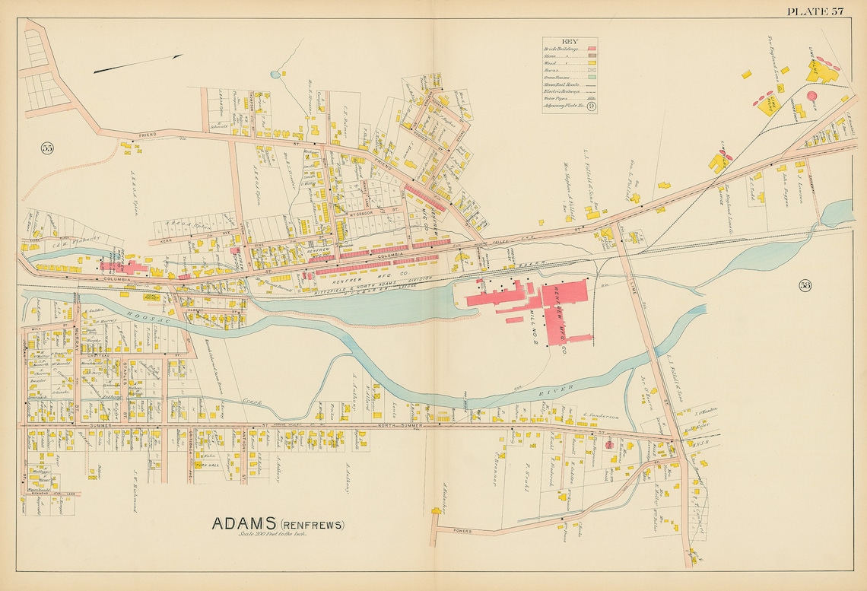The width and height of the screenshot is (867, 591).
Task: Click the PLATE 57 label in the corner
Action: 815,11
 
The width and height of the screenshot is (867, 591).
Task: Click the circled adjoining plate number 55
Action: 48,148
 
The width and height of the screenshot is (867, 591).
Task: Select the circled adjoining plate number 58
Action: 805,285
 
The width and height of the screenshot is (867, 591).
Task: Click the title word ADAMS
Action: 244,524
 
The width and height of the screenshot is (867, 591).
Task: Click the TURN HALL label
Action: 207,464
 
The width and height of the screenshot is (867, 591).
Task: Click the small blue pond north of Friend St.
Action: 274,75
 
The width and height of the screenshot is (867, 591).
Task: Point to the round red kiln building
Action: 811,97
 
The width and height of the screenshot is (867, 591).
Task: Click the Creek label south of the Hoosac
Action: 252,399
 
